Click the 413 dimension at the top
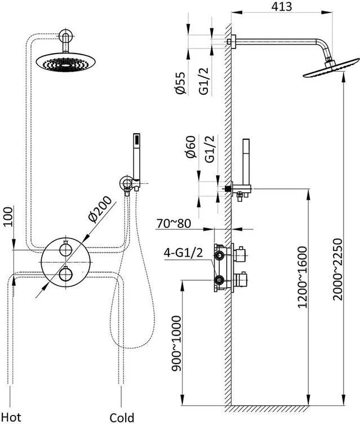click(282, 7)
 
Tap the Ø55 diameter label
click(180, 83)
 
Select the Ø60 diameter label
click(190, 147)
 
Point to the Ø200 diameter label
click(100, 209)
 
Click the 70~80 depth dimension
click(174, 224)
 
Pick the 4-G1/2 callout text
click(183, 253)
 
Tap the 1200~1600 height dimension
click(302, 277)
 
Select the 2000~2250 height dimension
click(337, 270)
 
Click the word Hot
click(11, 417)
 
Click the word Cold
click(122, 417)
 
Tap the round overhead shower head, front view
click(66, 63)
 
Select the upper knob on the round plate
click(65, 249)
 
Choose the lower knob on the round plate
click(65, 273)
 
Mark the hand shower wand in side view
click(246, 162)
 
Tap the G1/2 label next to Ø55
click(205, 81)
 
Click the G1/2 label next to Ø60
click(210, 149)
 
